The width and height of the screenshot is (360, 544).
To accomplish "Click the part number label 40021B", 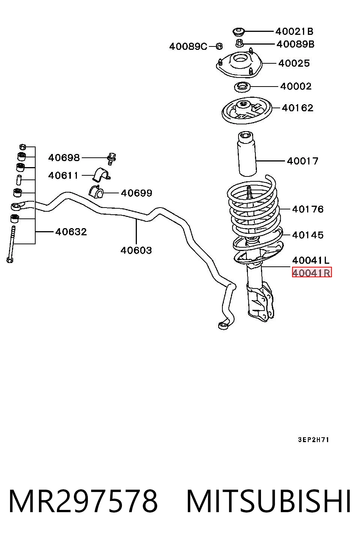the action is click(294, 31).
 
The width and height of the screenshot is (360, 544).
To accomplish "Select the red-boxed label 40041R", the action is click(312, 273).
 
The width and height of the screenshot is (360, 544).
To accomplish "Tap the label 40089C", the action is click(188, 46).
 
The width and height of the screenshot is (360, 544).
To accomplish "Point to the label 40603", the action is click(136, 250).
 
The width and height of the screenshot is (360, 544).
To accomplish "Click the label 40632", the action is click(71, 232).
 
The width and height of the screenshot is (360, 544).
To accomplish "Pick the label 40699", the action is click(136, 193).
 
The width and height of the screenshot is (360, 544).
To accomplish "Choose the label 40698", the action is click(64, 158).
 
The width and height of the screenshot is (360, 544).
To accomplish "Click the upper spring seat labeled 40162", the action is click(247, 111).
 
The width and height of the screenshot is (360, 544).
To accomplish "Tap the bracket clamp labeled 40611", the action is click(101, 174).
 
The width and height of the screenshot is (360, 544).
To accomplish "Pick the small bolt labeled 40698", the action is click(112, 159).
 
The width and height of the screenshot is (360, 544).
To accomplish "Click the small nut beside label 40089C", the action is click(219, 46).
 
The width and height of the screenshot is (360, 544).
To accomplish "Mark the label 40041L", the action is click(311, 260).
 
